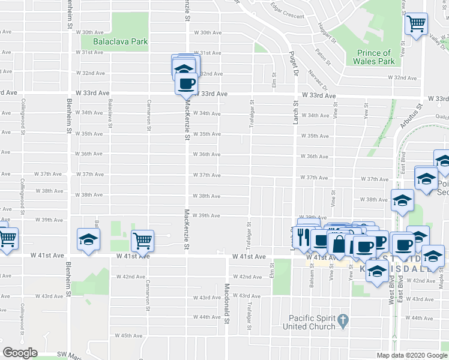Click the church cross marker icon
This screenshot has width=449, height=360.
pyautogui.click(x=343, y=319)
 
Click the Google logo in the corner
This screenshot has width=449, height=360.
pyautogui.click(x=20, y=353)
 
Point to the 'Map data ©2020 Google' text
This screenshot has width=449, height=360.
pyautogui.click(x=412, y=355)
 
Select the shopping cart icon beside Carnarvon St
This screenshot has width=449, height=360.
pyautogui.click(x=143, y=241)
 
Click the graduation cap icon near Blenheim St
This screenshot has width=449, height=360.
pyautogui.click(x=88, y=239)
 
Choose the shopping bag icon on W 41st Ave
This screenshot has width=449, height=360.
pyautogui.click(x=339, y=244)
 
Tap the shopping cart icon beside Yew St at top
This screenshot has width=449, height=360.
pyautogui.click(x=415, y=24)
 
